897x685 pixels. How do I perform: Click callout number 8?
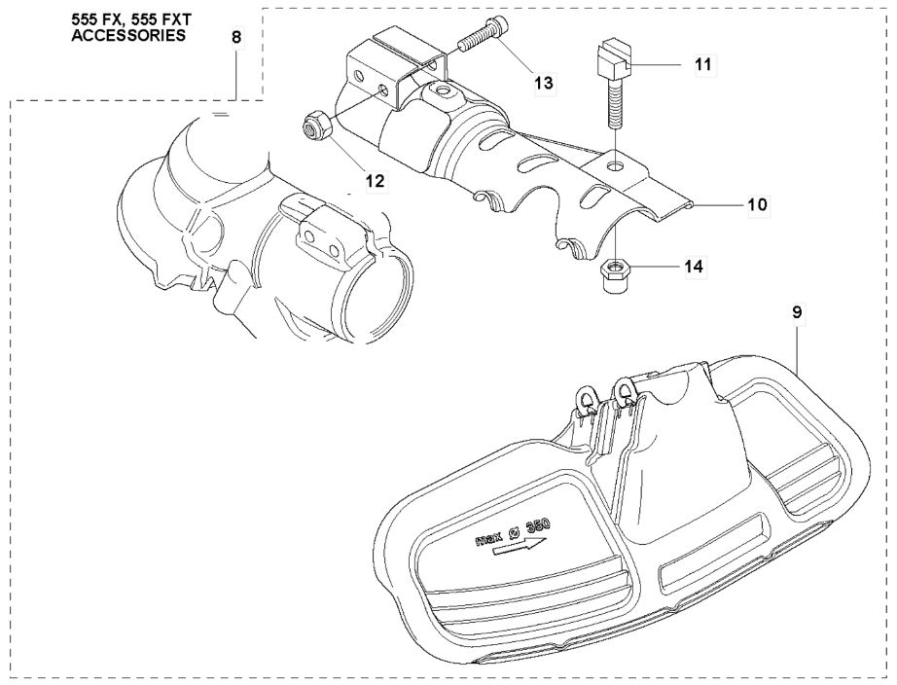click(x=236, y=38)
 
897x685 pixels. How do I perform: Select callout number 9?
click(x=798, y=313)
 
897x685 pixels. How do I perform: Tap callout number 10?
click(x=758, y=204)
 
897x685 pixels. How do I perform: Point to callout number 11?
click(x=703, y=64)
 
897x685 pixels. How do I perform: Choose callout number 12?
click(x=376, y=181)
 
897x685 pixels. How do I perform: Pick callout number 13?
click(x=544, y=83)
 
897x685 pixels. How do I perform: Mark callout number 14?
click(x=694, y=267)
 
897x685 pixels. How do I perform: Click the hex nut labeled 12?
click(x=313, y=126)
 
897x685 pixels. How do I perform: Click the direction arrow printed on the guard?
click(x=520, y=548)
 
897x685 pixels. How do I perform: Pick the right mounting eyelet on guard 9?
click(x=623, y=390)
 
